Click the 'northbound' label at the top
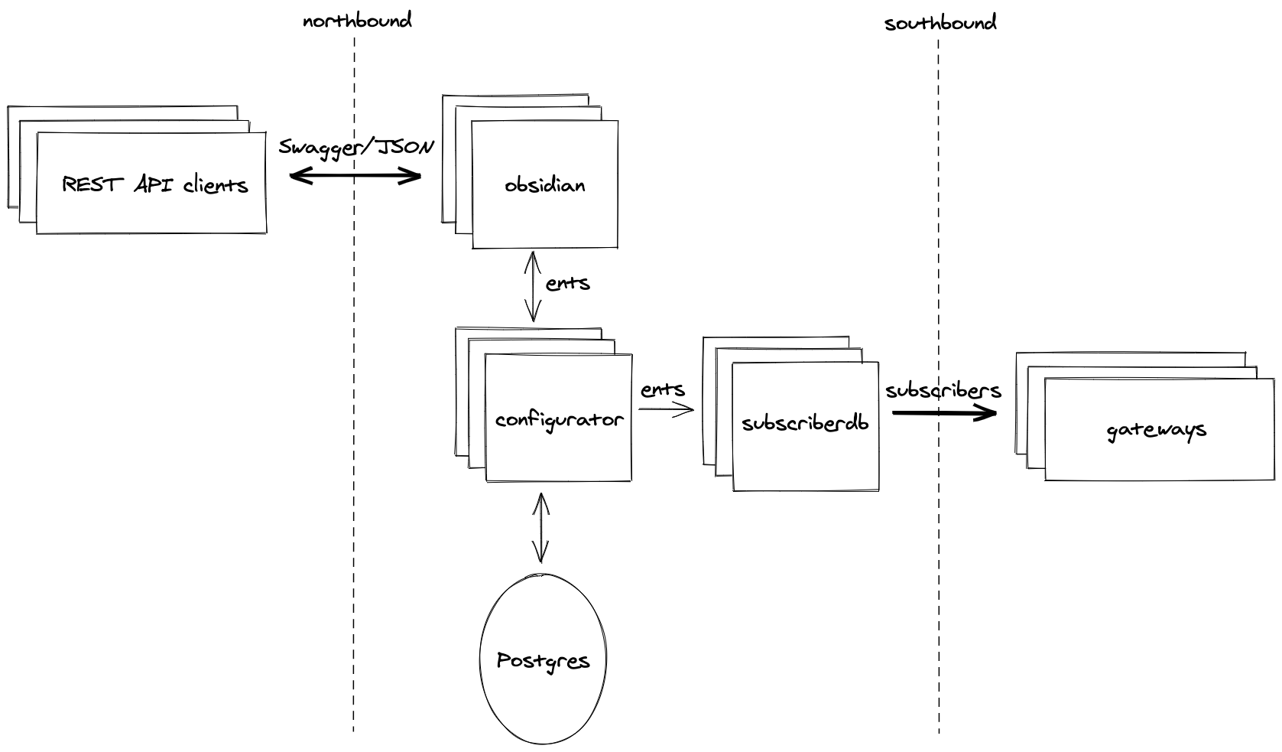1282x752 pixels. coord(357,21)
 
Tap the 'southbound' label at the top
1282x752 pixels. coord(940,23)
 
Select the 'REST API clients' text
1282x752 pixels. coord(154,184)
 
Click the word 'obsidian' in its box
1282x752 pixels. coord(545,184)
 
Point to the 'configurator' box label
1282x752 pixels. coord(559,420)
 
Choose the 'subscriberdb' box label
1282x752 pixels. coord(805,423)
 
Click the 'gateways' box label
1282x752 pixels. coord(1156,430)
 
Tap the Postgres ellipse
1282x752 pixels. coord(542,659)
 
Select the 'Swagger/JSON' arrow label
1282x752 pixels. coord(356,146)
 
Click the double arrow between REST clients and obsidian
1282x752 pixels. coord(355,177)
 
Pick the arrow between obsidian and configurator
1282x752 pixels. coord(532,286)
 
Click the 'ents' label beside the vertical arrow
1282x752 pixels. coord(568,283)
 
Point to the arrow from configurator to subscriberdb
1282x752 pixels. coord(666,409)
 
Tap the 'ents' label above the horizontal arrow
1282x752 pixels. coord(663,389)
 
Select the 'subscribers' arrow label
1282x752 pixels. coord(943,390)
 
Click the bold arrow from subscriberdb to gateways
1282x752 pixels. coord(944,413)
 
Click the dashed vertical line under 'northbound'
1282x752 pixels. coord(354,459)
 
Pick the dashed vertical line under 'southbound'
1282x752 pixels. coord(939,574)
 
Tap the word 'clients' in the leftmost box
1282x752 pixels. coord(216,184)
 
